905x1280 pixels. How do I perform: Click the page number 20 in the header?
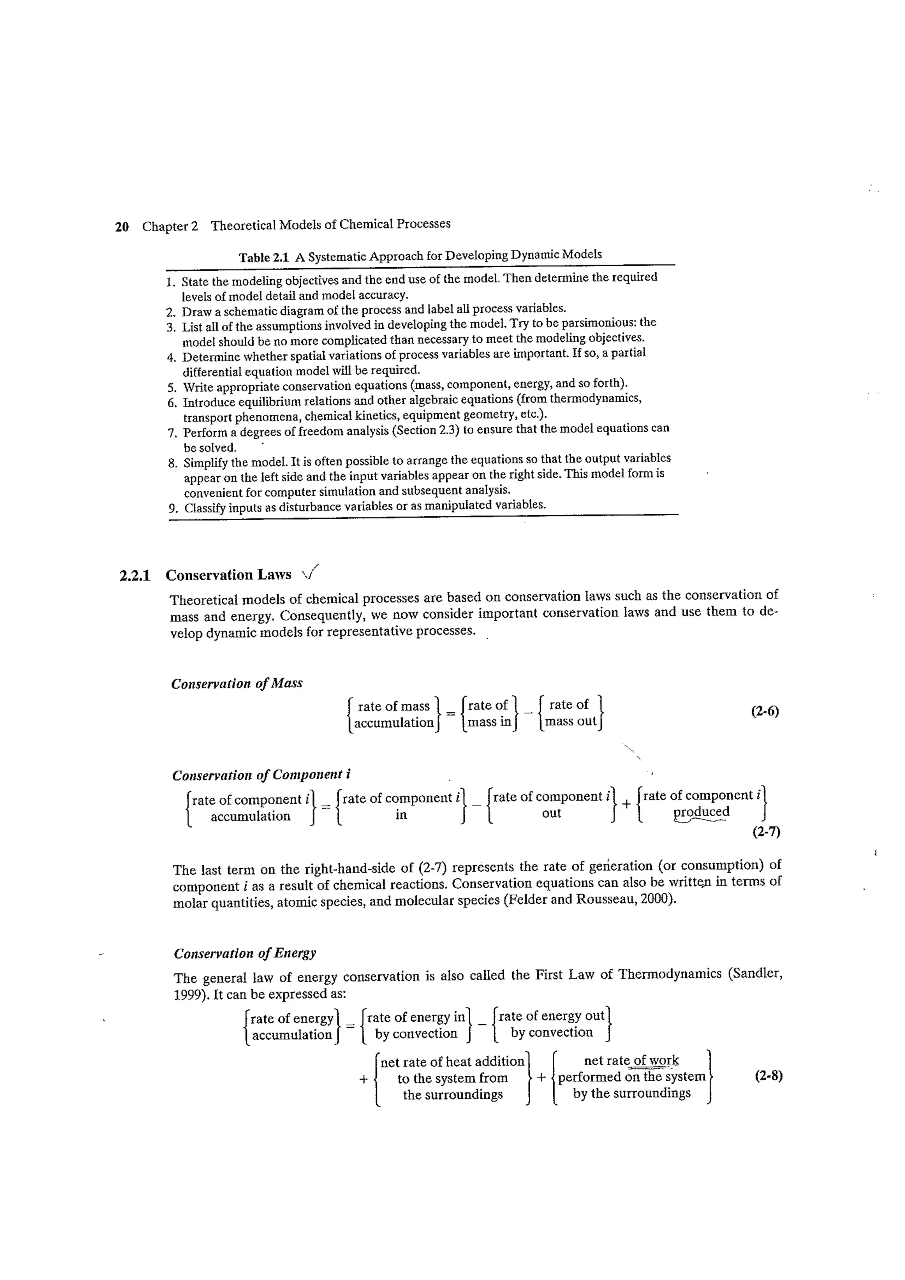[122, 227]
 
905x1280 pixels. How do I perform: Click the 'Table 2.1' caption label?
[264, 258]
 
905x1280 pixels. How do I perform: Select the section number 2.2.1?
[135, 575]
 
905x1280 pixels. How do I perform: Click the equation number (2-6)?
[764, 711]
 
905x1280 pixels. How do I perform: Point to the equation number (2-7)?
[766, 832]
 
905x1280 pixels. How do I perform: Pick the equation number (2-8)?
[768, 1076]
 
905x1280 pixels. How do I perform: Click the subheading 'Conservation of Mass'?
[236, 684]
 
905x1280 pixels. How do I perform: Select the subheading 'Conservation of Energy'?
[245, 953]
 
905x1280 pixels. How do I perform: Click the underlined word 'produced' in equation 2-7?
[701, 812]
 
